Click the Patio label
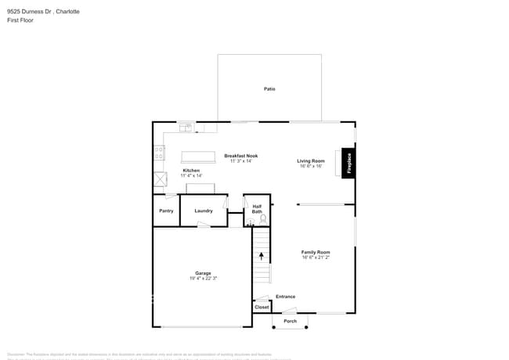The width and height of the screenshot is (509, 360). pyautogui.click(x=269, y=88)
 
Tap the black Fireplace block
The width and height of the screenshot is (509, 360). pyautogui.click(x=348, y=164)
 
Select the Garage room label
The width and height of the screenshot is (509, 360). pyautogui.click(x=203, y=273)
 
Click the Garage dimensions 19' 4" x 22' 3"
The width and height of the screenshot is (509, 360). pyautogui.click(x=203, y=279)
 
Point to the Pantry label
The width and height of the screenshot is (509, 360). pyautogui.click(x=166, y=211)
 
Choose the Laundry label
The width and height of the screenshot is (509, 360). pyautogui.click(x=204, y=211)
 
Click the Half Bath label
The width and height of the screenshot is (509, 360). pyautogui.click(x=257, y=209)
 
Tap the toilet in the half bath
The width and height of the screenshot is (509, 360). pyautogui.click(x=263, y=219)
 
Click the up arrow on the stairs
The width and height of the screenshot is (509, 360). pyautogui.click(x=262, y=256)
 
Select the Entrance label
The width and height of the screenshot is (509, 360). pyautogui.click(x=285, y=297)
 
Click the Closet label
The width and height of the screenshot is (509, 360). pyautogui.click(x=262, y=308)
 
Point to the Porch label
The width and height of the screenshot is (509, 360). pyautogui.click(x=290, y=321)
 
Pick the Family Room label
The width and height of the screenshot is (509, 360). pyautogui.click(x=316, y=252)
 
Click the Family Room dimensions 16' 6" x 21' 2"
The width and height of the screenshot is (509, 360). pyautogui.click(x=316, y=257)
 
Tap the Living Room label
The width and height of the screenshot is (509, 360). pyautogui.click(x=311, y=160)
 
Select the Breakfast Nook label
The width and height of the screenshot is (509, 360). pyautogui.click(x=240, y=156)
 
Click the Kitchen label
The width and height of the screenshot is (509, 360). pyautogui.click(x=191, y=170)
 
